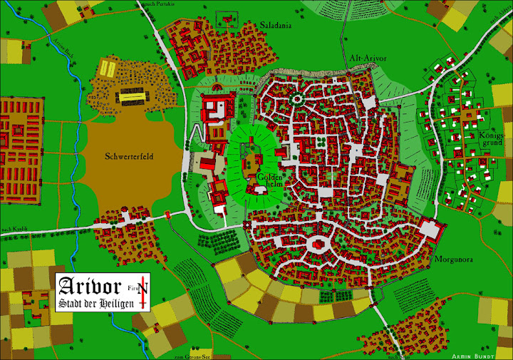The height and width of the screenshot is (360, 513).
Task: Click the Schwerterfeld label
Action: pos(129,155)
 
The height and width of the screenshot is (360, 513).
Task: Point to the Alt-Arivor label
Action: pos(368,58)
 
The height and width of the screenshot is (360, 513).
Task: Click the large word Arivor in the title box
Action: pos(92,287)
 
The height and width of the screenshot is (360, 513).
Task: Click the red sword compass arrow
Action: pos(145,292)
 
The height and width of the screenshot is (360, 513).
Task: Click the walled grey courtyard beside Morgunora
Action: pos(430,230)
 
